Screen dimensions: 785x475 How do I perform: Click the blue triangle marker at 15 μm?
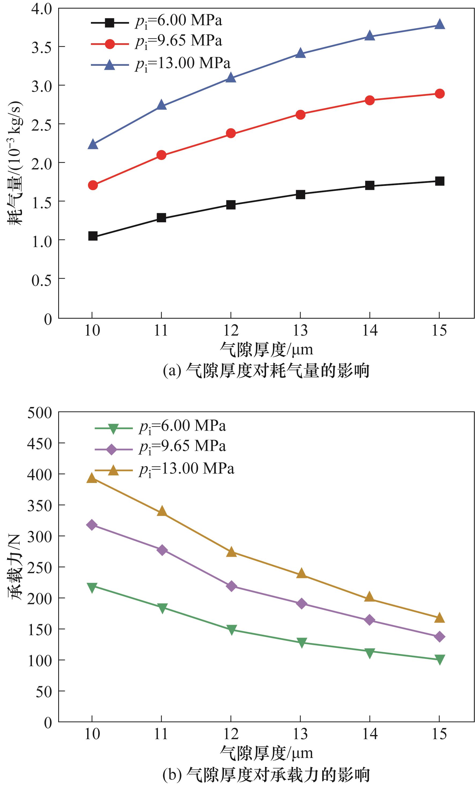coord(439,24)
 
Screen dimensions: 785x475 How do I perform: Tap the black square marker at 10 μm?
coord(93,236)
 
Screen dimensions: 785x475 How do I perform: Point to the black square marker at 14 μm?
coord(370,186)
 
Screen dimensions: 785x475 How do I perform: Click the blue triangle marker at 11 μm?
coord(161,106)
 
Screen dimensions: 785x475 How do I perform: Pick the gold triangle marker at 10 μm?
coord(92,478)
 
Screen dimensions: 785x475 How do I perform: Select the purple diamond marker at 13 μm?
coord(301,604)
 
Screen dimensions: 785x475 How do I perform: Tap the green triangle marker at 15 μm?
coord(439,659)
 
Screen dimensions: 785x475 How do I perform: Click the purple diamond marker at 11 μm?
coord(162,550)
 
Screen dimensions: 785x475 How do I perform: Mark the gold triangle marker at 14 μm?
coord(369,597)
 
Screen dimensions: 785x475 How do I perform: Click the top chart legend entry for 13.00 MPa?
coord(161,64)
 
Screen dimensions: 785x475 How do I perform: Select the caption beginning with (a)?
coord(266,370)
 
